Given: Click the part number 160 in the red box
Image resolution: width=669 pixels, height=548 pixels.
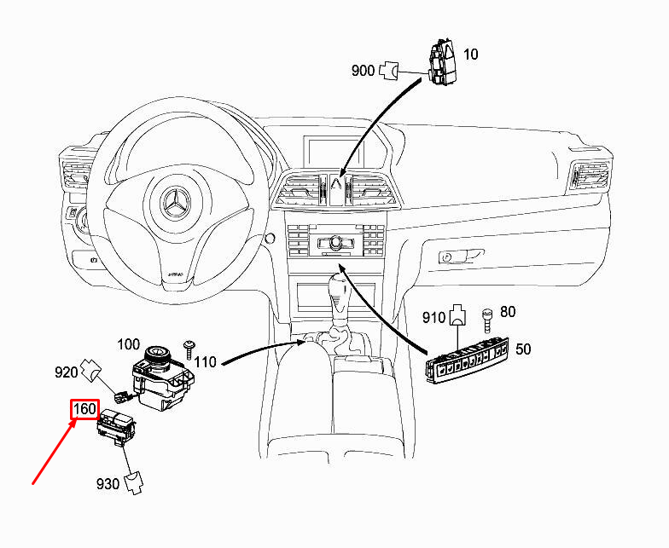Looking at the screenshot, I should (x=84, y=409).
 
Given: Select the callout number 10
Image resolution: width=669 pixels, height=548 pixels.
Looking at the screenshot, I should (x=470, y=55).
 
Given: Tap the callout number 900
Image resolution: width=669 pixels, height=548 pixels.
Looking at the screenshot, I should (x=363, y=71).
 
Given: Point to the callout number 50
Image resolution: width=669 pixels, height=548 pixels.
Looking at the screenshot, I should (x=522, y=349).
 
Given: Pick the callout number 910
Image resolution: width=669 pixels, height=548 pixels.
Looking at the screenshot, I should (x=434, y=318).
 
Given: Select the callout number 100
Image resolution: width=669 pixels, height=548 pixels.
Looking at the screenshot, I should (x=128, y=344).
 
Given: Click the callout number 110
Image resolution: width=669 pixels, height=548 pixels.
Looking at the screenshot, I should (x=206, y=362).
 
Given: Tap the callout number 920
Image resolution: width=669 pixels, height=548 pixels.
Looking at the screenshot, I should (x=67, y=372).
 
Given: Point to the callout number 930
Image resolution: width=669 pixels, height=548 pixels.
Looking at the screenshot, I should (x=108, y=484).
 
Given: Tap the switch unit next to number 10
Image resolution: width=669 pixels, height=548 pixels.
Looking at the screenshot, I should (x=442, y=61).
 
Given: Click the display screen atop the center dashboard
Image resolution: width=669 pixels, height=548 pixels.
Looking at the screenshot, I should (x=339, y=153).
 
